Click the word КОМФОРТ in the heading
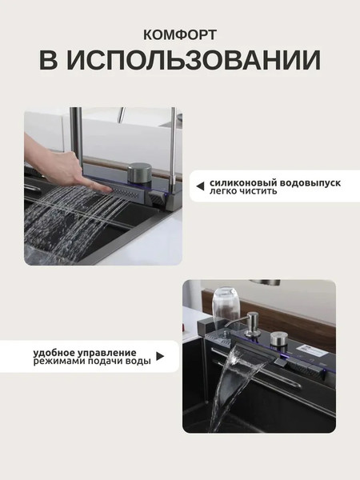180,34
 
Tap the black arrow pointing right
159,358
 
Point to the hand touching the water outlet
60,165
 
